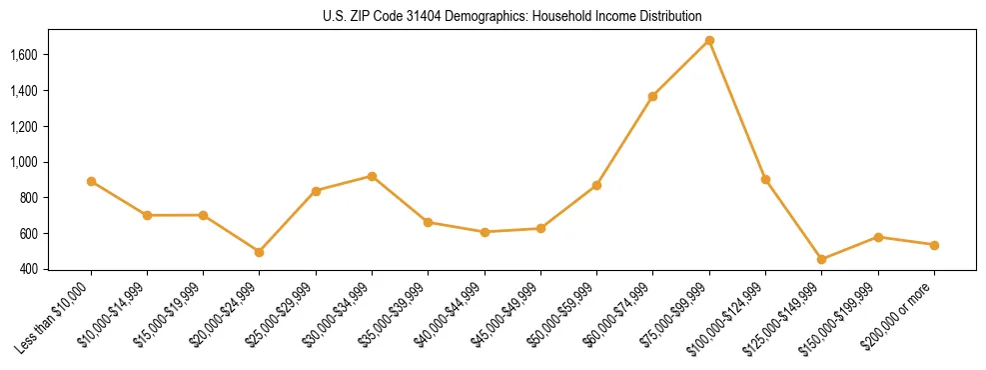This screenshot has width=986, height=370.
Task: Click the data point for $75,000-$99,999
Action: [709, 41]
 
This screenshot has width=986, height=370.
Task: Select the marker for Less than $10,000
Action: [91, 182]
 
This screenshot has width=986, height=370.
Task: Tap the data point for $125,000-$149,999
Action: [821, 260]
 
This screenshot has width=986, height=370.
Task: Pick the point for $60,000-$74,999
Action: [652, 97]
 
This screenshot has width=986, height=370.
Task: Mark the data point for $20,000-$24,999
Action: [260, 252]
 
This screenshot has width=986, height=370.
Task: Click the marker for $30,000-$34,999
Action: [372, 176]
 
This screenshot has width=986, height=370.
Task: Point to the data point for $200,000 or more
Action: [934, 245]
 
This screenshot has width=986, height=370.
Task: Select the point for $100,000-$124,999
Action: [765, 180]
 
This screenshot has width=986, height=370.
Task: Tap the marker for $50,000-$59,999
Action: [596, 185]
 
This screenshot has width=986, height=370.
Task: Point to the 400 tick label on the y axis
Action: [29, 269]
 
